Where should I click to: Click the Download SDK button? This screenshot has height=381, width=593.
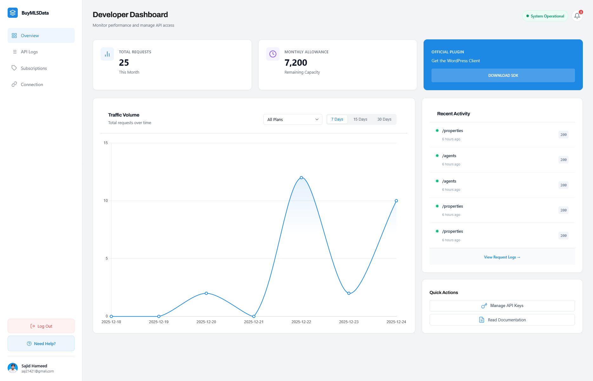[503, 76]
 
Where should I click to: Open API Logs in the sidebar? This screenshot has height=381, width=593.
[29, 52]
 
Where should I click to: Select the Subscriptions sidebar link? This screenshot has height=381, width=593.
[34, 68]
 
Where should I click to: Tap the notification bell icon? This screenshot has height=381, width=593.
[577, 16]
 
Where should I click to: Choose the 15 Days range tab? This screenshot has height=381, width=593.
[360, 119]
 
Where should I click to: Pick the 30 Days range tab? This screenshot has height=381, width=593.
[384, 119]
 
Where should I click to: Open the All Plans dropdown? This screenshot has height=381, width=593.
[293, 119]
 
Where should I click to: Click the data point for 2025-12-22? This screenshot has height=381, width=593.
[301, 178]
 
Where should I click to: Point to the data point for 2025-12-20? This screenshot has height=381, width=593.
[206, 293]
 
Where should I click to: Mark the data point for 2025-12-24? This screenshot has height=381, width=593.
[396, 201]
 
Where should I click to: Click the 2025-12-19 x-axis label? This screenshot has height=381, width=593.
[159, 322]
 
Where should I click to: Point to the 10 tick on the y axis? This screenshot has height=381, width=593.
[106, 201]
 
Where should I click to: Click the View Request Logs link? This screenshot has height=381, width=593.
[502, 257]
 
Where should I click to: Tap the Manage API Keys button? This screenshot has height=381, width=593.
[502, 306]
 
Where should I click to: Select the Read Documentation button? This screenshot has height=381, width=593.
[502, 320]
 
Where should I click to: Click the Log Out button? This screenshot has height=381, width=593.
[41, 326]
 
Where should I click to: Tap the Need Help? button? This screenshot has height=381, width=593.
[41, 344]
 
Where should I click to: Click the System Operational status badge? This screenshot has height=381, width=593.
[545, 16]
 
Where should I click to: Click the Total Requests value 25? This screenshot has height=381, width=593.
[124, 63]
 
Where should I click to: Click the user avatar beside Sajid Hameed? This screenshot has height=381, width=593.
[13, 368]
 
